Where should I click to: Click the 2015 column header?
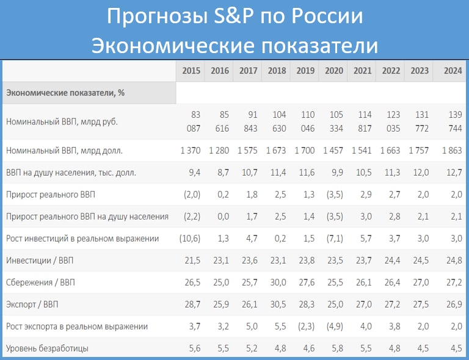coord(191,71)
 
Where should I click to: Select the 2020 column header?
coord(334,71)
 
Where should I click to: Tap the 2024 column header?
coord(453,71)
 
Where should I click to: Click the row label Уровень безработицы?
coord(48,348)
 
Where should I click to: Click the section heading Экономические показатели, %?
coord(65,93)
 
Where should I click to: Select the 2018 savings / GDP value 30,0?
coord(277,282)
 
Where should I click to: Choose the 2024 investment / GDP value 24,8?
coord(453,260)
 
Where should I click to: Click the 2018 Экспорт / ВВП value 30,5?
coord(277,304)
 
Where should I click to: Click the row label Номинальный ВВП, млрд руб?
coord(61,121)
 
